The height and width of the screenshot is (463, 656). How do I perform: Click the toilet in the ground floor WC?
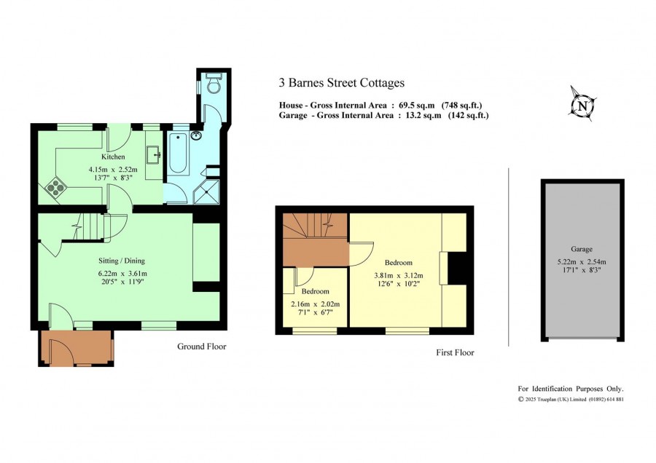[214, 83]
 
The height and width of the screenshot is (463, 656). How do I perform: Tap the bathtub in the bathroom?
[179, 153]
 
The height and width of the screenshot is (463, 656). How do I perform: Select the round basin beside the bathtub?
[196, 135]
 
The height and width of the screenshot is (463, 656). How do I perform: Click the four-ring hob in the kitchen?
[55, 188]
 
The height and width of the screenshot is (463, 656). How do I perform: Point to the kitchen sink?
[154, 156]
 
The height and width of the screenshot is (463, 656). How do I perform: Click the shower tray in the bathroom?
[206, 191]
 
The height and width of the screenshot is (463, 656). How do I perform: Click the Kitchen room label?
[113, 157]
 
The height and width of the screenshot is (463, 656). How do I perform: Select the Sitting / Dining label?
[122, 261]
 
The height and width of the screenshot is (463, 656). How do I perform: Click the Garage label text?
[582, 249]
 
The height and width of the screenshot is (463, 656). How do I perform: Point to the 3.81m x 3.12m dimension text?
[398, 276]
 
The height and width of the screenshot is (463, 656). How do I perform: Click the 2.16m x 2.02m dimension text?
[316, 304]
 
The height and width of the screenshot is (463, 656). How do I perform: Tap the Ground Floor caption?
[202, 347]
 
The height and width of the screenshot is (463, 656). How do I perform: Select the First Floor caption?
[455, 352]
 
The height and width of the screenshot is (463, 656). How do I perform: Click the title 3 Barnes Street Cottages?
[342, 83]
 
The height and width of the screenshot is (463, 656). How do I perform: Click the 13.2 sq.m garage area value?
[423, 115]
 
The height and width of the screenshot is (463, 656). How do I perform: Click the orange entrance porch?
[76, 348]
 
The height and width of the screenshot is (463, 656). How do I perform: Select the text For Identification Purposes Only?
[571, 389]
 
